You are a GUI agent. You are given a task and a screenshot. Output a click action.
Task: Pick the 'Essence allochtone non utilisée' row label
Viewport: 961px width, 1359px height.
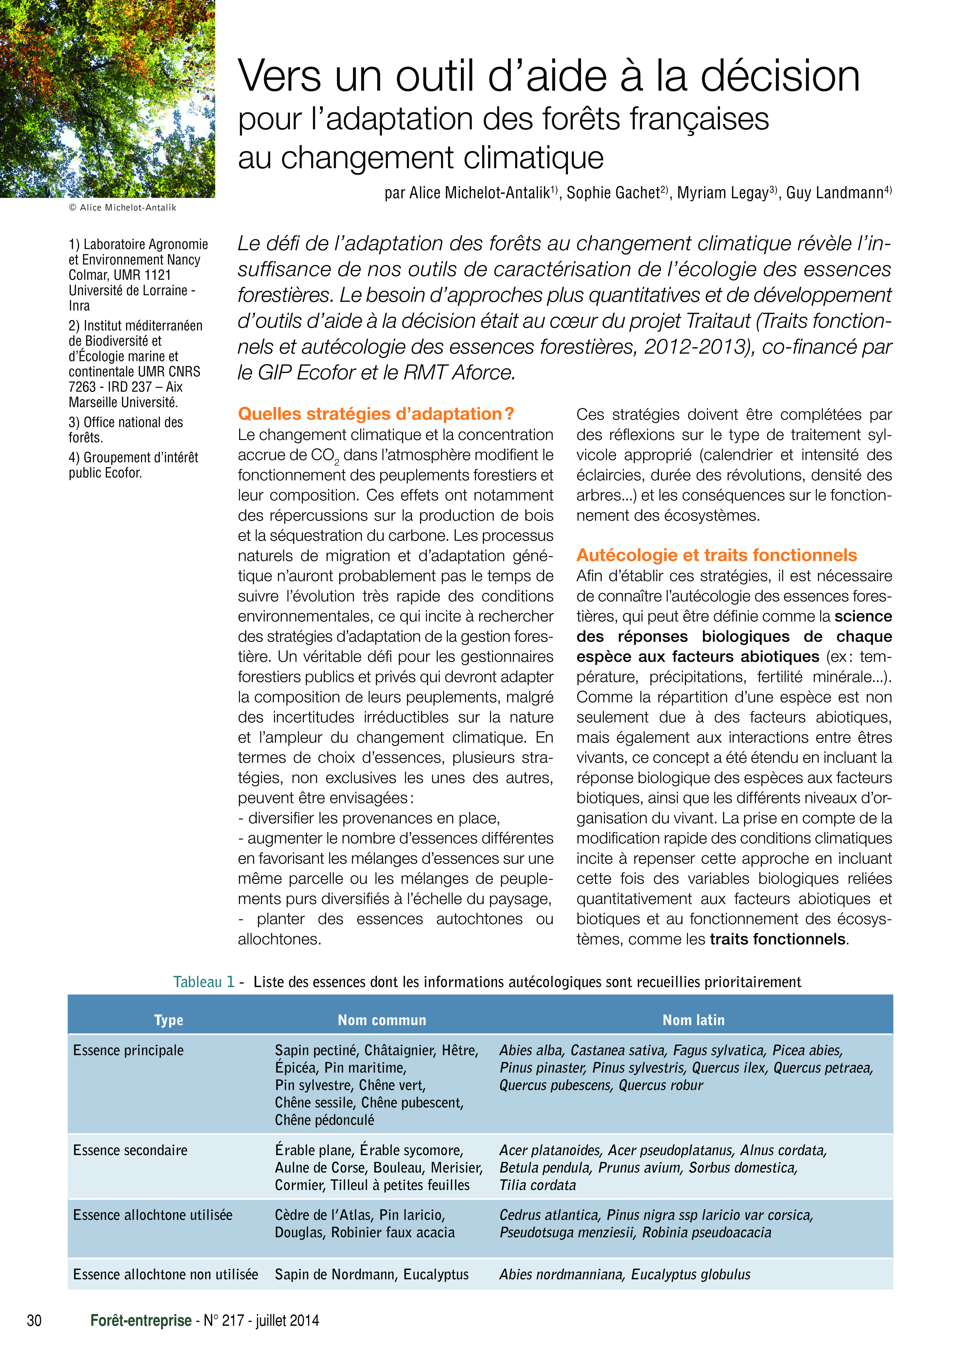click(x=165, y=1274)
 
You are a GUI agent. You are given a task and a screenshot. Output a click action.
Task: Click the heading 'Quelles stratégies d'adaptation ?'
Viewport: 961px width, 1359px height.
click(x=375, y=414)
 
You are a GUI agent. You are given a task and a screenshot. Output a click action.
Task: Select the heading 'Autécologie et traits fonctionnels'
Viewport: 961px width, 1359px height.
click(x=716, y=555)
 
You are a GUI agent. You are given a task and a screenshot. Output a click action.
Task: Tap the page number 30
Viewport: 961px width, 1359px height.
click(x=34, y=1320)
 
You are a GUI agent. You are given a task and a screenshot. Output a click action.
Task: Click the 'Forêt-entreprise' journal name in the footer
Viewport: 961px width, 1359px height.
click(x=141, y=1320)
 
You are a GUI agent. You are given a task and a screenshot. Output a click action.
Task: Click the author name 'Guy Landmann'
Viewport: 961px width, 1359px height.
click(x=835, y=193)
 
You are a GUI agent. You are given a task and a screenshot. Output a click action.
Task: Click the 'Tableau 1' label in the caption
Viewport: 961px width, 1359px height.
click(x=204, y=982)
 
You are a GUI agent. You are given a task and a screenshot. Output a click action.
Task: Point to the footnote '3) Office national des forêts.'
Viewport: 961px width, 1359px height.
click(x=126, y=430)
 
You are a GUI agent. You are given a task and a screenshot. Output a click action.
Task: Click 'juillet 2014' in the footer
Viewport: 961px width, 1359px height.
click(x=287, y=1320)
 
